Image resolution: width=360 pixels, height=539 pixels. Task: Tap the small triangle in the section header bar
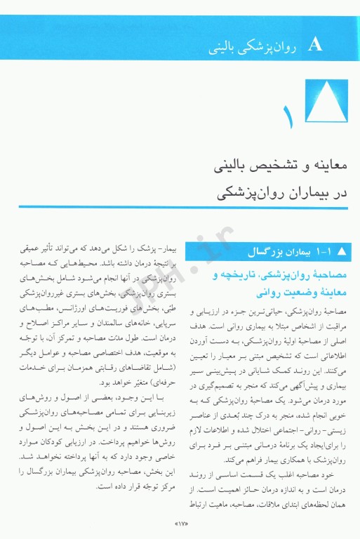pyautogui.click(x=342, y=251)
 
